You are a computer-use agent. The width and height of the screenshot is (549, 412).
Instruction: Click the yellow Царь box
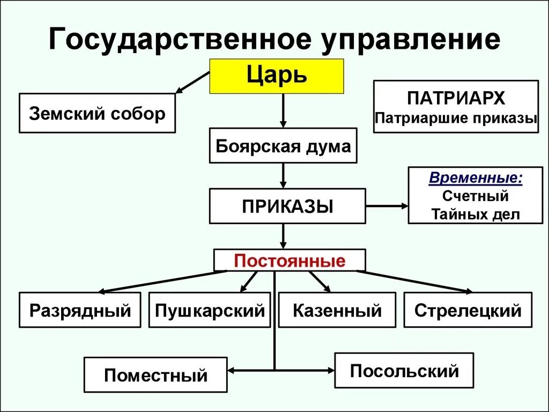click(x=277, y=76)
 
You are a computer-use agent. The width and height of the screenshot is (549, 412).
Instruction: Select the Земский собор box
click(x=97, y=113)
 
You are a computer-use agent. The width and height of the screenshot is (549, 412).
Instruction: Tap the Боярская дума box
click(x=283, y=145)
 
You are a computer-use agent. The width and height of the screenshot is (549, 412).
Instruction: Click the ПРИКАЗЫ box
click(x=287, y=206)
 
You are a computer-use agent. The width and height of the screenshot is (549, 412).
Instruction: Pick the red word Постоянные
click(x=290, y=261)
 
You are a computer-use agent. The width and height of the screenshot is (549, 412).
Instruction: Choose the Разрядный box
click(x=80, y=310)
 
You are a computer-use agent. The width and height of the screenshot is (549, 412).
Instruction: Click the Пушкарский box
click(x=210, y=310)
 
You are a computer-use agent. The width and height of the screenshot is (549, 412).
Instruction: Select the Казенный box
click(x=337, y=310)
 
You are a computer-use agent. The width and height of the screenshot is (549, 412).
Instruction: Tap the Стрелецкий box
click(x=468, y=310)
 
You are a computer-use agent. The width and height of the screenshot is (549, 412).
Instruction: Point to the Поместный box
click(x=155, y=374)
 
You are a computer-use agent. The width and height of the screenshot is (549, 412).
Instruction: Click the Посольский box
click(x=404, y=370)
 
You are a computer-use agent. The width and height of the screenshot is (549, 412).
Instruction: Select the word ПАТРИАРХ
click(x=456, y=99)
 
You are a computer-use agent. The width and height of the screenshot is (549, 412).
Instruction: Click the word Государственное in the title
click(x=174, y=40)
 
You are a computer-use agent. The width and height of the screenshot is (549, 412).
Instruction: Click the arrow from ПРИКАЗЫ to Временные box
click(x=387, y=206)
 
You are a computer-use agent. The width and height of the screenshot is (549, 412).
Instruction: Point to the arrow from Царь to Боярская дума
click(x=283, y=111)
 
